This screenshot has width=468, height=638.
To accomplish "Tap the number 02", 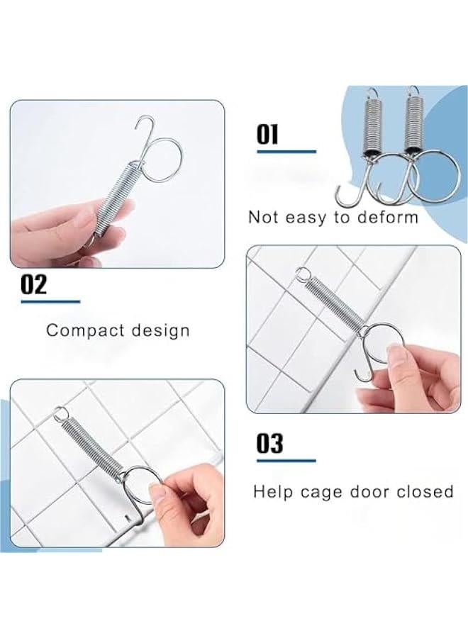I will tap(33, 284).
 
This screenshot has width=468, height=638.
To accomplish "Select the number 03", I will tap(269, 444).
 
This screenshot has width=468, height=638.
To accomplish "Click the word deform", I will tap(386, 217).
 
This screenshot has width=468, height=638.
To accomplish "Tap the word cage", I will tap(325, 491).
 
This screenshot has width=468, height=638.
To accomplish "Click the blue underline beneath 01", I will tap(286, 151).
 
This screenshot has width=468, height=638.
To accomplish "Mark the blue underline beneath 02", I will tap(50, 301).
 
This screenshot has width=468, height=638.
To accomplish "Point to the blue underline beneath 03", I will tap(286, 461).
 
